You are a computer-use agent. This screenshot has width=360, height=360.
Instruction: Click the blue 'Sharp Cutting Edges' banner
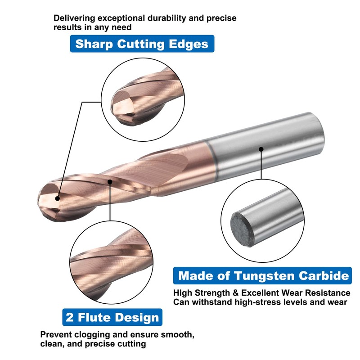click(x=142, y=44)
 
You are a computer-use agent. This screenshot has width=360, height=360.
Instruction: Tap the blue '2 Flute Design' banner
click(x=112, y=317)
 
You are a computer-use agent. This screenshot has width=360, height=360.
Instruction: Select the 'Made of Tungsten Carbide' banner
click(x=264, y=276)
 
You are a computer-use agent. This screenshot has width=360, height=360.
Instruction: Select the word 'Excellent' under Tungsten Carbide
click(x=257, y=293)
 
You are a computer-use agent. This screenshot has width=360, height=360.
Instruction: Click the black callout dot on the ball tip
click(x=57, y=197)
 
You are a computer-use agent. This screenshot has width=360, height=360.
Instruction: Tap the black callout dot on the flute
click(x=111, y=181)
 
